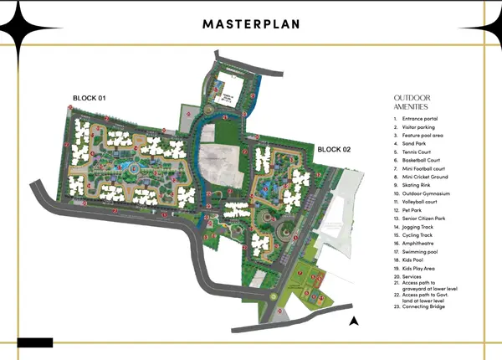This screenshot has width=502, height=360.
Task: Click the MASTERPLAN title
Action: [x=250, y=23]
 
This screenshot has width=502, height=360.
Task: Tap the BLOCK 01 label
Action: [x=88, y=100]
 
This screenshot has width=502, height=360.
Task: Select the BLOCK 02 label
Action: [x=334, y=149]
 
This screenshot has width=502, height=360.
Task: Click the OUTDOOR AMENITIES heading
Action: [x=411, y=102]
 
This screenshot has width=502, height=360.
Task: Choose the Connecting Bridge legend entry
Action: [x=423, y=306]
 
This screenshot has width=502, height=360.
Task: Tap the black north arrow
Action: [x=354, y=320]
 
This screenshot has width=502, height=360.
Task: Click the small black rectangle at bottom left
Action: [x=34, y=342]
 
